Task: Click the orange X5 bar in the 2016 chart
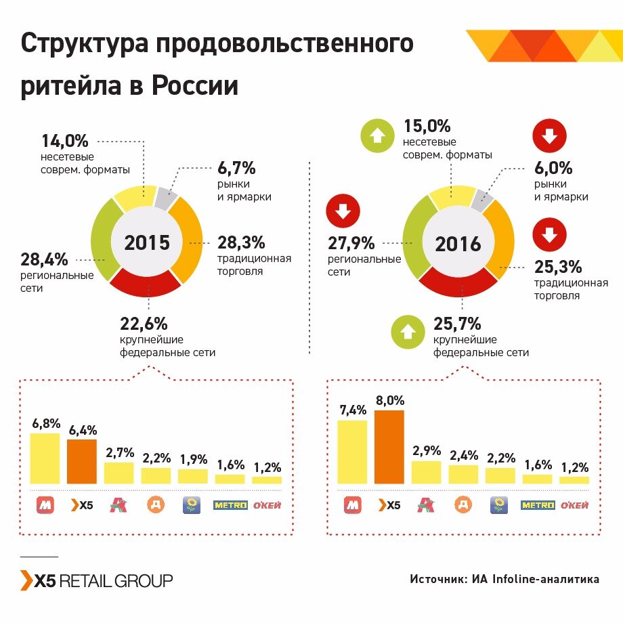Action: pyautogui.click(x=389, y=447)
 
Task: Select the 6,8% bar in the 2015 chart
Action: pyautogui.click(x=45, y=458)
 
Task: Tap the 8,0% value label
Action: pyautogui.click(x=389, y=400)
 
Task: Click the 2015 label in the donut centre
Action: pyautogui.click(x=147, y=242)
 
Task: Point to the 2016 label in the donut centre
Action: pyautogui.click(x=458, y=244)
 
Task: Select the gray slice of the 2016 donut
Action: pyautogui.click(x=481, y=198)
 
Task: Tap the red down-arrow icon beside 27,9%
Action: pyautogui.click(x=343, y=211)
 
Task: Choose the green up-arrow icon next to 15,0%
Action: pyautogui.click(x=377, y=135)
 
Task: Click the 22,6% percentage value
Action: pyautogui.click(x=144, y=324)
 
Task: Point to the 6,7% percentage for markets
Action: pyautogui.click(x=236, y=167)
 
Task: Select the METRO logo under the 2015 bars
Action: pyautogui.click(x=230, y=505)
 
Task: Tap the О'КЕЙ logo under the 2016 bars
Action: pyautogui.click(x=573, y=505)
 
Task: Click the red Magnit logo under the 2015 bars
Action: pyautogui.click(x=45, y=505)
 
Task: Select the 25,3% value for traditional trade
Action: pyautogui.click(x=557, y=266)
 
